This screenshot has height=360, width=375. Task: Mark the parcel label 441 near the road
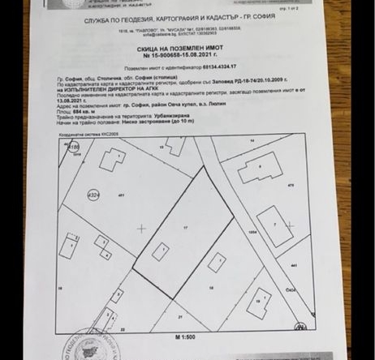click(293, 266)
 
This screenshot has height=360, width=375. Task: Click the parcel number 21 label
click(180, 315)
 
